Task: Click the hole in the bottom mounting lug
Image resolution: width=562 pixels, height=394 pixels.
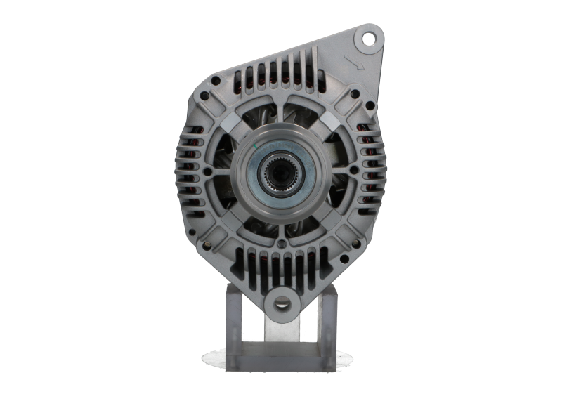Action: pyautogui.click(x=281, y=302)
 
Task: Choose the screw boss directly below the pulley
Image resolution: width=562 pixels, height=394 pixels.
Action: pyautogui.click(x=282, y=243)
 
